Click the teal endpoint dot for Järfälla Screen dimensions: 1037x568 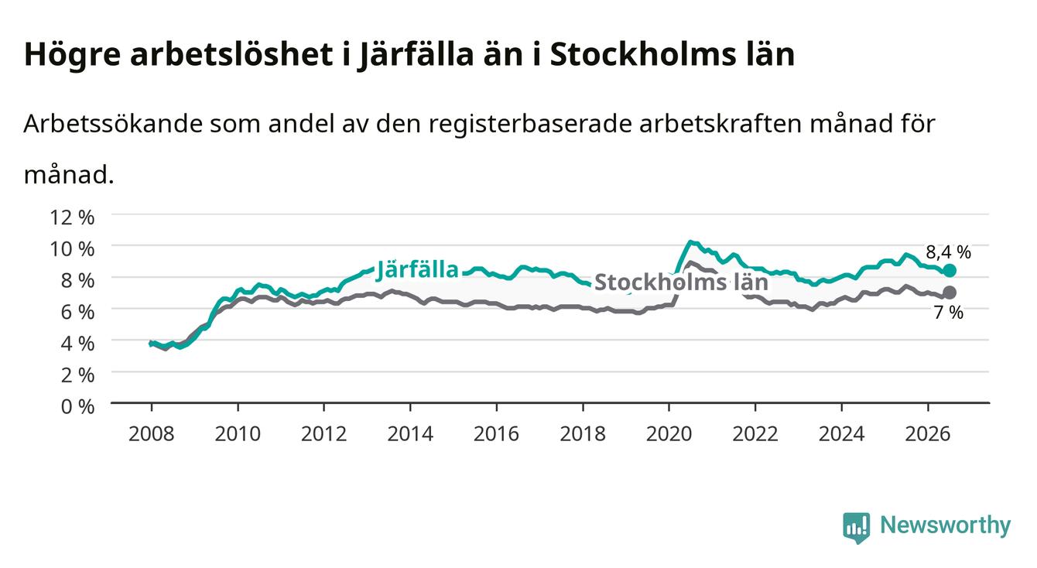pyautogui.click(x=950, y=270)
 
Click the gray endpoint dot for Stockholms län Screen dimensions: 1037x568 pyautogui.click(x=950, y=292)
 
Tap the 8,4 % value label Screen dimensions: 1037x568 pyautogui.click(x=948, y=252)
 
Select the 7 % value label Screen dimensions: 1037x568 pyautogui.click(x=948, y=313)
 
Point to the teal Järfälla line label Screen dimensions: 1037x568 pyautogui.click(x=417, y=270)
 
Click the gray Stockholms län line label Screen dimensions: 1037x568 pyautogui.click(x=681, y=282)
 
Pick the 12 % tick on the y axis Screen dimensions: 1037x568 pyautogui.click(x=72, y=217)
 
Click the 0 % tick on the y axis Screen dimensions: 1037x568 pyautogui.click(x=77, y=406)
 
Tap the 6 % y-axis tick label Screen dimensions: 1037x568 pyautogui.click(x=77, y=312)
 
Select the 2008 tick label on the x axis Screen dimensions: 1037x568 pyautogui.click(x=152, y=434)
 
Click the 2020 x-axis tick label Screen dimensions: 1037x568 pyautogui.click(x=669, y=434)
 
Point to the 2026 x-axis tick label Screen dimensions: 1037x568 pyautogui.click(x=928, y=434)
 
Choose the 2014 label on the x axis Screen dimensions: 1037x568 pyautogui.click(x=410, y=434)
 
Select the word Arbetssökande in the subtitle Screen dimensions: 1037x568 pyautogui.click(x=113, y=124)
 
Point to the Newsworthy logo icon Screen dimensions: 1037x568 pyautogui.click(x=856, y=527)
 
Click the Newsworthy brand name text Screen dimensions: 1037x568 pyautogui.click(x=945, y=525)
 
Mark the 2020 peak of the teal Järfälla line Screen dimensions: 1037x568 pyautogui.click(x=690, y=241)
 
